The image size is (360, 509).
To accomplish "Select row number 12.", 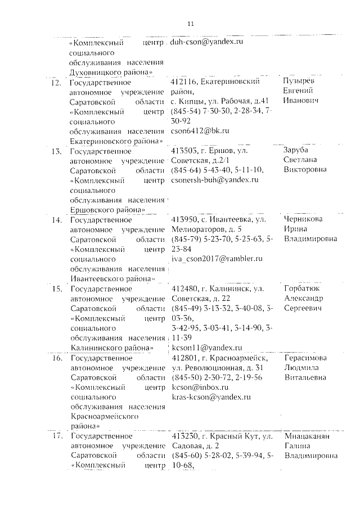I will pyautogui.click(x=55, y=83).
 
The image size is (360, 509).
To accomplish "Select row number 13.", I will pyautogui.click(x=55, y=151).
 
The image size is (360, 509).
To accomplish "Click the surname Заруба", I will pyautogui.click(x=297, y=151).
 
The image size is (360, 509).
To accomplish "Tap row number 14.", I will pyautogui.click(x=55, y=220).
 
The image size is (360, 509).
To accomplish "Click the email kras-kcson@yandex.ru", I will pyautogui.click(x=210, y=397).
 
